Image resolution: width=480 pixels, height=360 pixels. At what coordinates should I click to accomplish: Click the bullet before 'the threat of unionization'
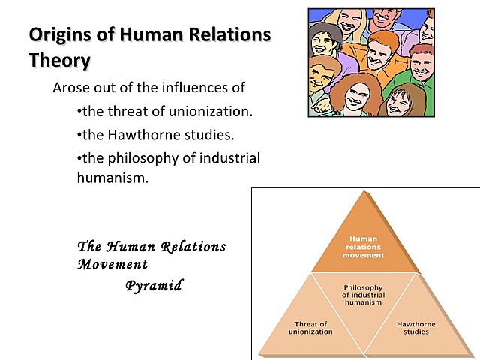coord(79,112)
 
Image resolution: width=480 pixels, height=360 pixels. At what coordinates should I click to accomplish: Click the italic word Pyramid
coord(154,286)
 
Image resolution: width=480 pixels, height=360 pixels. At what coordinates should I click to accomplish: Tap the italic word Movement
coord(112,264)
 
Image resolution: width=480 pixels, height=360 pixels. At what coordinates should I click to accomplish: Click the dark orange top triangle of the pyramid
coord(363,240)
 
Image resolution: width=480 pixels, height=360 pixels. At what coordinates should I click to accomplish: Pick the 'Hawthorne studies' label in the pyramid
coord(416,328)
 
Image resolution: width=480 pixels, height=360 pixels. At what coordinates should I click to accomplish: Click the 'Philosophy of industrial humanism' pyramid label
coord(363,295)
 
